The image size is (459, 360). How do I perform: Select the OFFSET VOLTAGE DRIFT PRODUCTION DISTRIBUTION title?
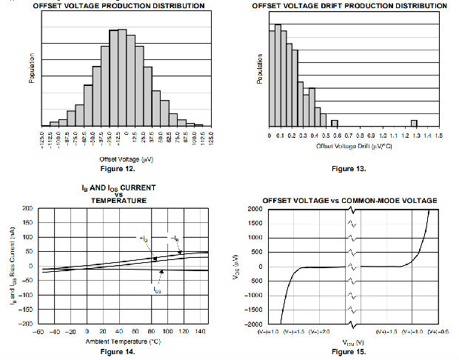(x=349, y=5)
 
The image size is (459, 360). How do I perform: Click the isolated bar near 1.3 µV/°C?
(x=414, y=123)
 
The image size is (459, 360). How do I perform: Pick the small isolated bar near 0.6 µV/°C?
(x=335, y=123)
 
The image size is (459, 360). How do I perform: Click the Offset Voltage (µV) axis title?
(x=124, y=158)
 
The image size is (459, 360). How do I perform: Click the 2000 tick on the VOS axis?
(x=254, y=209)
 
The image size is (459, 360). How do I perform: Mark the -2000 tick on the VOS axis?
(x=252, y=324)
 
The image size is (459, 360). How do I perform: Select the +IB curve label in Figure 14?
(x=144, y=238)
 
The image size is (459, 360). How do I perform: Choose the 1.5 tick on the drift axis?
(x=440, y=136)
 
